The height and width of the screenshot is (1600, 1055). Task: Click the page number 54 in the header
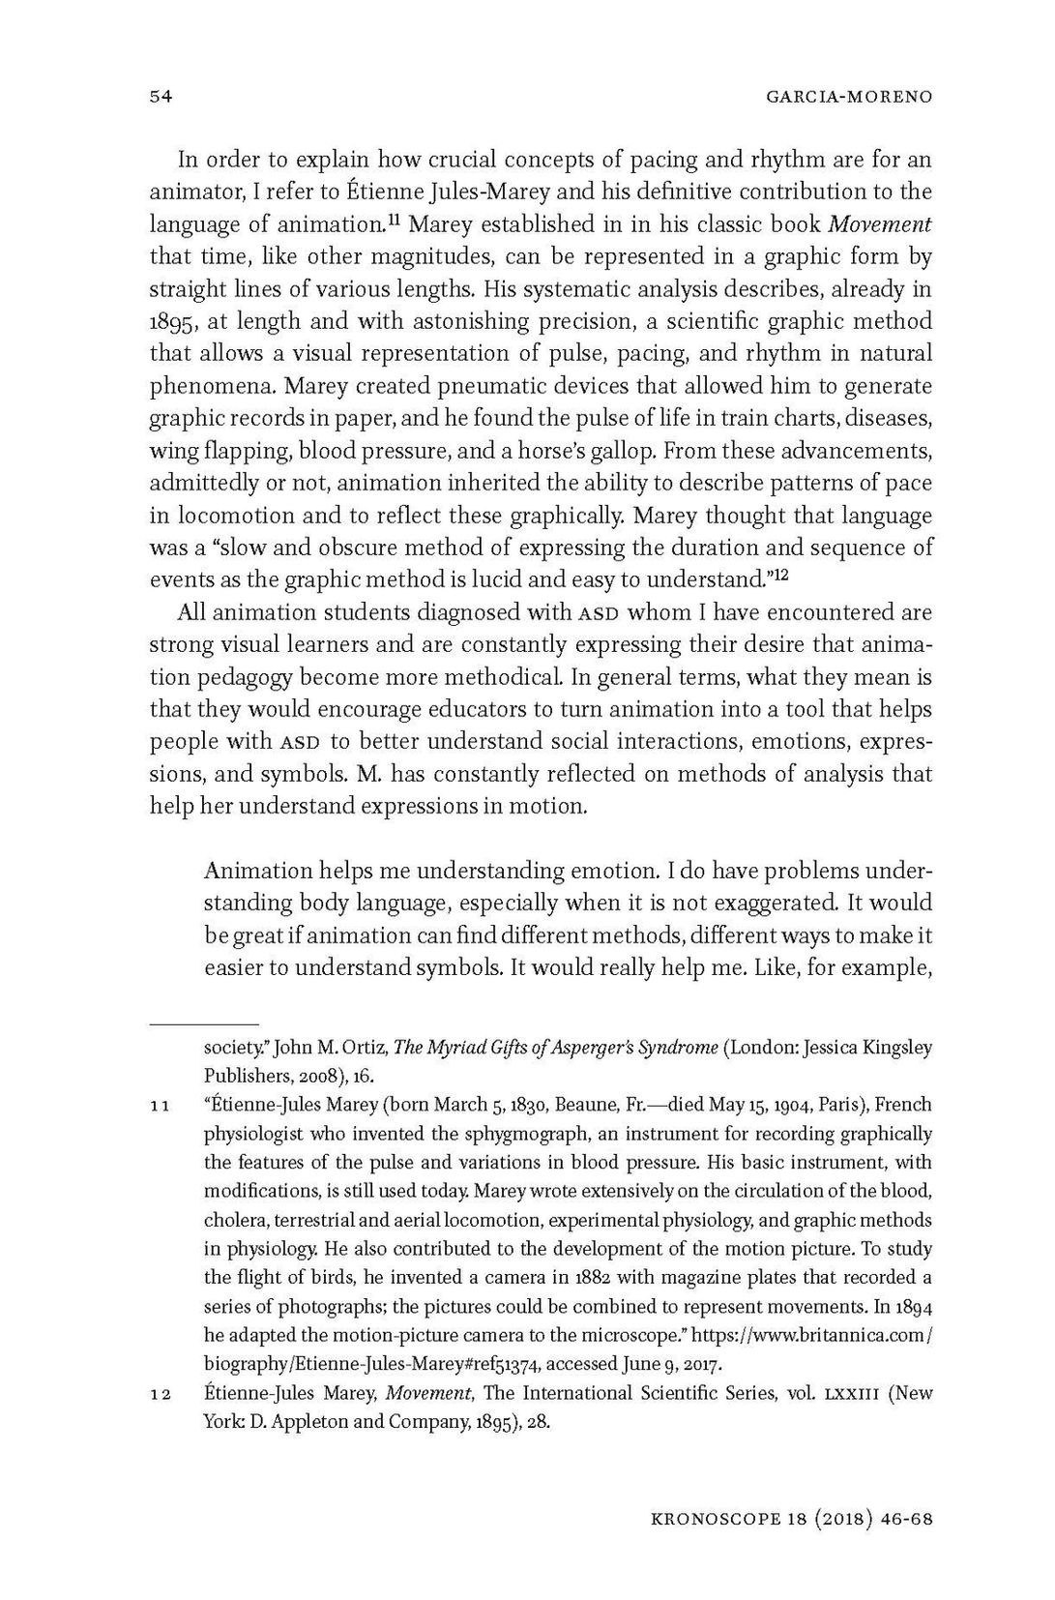tap(161, 97)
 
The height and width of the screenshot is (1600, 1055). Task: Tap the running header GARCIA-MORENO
tap(847, 97)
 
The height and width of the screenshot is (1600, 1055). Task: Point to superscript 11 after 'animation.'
tap(394, 220)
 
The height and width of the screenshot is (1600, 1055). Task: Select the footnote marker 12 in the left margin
tap(161, 1396)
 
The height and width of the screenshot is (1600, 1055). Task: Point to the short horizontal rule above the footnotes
tap(204, 1023)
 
